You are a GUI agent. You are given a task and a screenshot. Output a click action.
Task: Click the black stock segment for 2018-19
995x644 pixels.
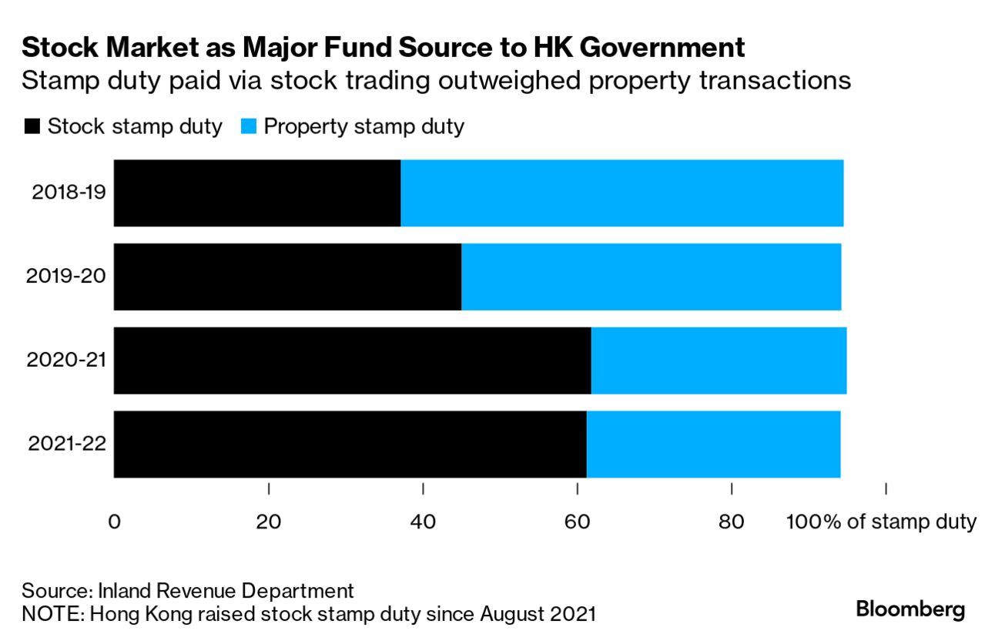click(257, 193)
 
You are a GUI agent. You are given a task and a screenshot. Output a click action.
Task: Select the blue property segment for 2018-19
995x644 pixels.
click(621, 193)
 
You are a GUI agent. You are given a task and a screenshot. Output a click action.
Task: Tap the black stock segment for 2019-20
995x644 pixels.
click(287, 277)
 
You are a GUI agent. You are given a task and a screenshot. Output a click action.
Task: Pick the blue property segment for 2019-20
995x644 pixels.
click(651, 277)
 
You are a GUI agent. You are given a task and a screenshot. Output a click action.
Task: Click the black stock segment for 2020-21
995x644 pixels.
click(352, 361)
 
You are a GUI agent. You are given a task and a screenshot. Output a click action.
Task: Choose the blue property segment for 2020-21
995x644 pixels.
click(719, 361)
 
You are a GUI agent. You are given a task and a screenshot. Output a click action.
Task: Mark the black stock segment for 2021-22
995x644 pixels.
click(350, 444)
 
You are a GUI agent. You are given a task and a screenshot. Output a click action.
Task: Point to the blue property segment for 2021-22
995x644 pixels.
click(713, 444)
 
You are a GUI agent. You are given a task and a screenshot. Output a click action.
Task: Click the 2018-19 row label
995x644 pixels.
click(68, 193)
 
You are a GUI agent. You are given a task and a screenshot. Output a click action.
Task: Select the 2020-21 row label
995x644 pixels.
click(68, 361)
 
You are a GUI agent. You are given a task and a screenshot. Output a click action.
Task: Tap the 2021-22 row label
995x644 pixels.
click(68, 444)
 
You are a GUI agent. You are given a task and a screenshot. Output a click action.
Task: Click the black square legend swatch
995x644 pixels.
click(32, 126)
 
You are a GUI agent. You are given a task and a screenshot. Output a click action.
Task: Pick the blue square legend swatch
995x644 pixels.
click(248, 126)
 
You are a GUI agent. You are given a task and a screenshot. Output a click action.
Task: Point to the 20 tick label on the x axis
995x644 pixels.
click(268, 522)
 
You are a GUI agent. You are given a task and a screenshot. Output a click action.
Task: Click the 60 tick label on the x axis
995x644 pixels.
click(577, 522)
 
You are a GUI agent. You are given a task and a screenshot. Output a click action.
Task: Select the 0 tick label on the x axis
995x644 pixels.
click(114, 522)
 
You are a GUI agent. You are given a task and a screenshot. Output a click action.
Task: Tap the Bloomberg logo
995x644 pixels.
click(910, 609)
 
